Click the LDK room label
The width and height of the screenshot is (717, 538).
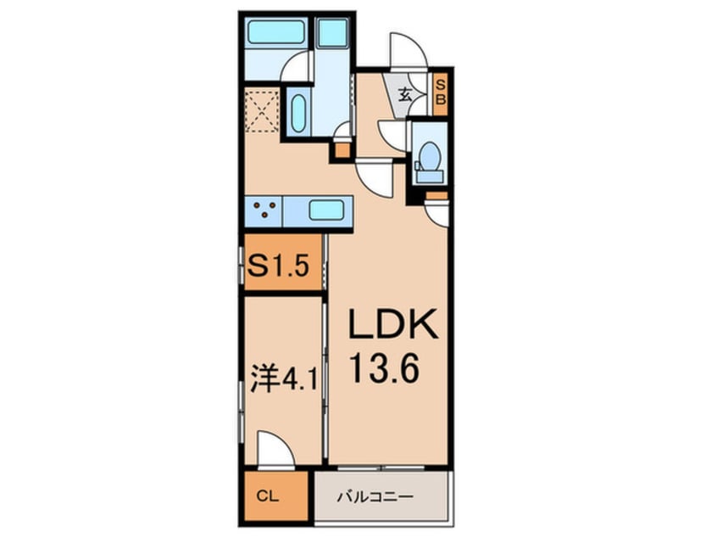point(393,324)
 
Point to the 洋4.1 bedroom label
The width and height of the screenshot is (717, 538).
point(284,378)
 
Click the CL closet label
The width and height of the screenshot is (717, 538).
point(268,496)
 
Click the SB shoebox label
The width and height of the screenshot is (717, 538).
point(441,92)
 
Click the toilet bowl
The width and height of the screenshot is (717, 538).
point(430,155)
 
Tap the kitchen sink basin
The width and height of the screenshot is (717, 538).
point(326,211)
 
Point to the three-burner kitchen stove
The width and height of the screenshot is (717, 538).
point(264,211)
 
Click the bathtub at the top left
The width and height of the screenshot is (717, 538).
point(276,32)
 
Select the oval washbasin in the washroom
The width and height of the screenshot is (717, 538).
point(298,114)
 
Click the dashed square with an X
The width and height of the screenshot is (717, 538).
point(262,111)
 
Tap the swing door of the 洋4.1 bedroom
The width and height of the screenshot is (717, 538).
point(275,449)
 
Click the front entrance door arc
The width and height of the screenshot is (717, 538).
point(409,51)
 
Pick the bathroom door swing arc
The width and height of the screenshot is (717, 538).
point(297,66)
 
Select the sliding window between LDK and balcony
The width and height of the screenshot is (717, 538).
point(381,468)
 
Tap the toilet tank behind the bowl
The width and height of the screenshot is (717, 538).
point(430,176)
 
